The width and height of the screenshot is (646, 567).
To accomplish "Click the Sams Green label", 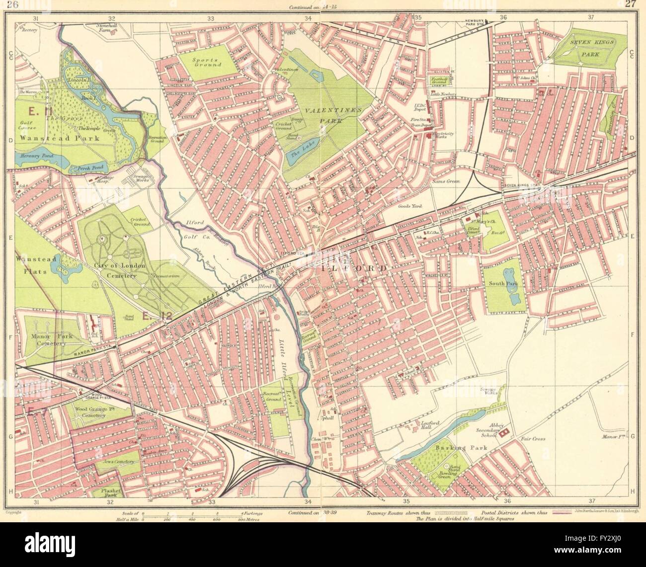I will [446, 181].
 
